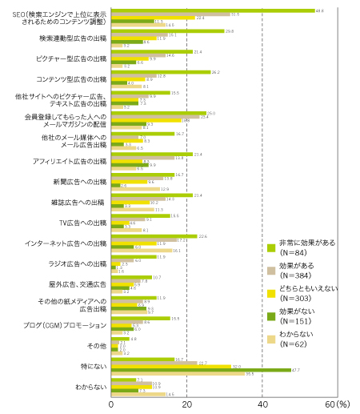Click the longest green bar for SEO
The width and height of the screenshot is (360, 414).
212,11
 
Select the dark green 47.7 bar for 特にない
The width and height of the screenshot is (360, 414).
200,370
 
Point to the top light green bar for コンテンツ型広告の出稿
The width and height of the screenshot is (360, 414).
160,72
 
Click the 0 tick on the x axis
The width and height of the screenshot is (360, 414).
111,406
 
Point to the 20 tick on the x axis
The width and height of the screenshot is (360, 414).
186,406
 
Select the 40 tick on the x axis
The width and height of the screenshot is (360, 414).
262,406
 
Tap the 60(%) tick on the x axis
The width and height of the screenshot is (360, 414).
341,406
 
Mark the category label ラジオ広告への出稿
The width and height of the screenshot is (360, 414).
77,263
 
